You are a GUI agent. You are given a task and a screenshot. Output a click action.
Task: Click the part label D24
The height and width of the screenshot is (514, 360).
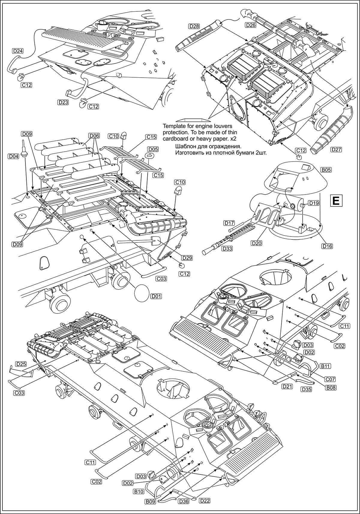pyautogui.click(x=18, y=51)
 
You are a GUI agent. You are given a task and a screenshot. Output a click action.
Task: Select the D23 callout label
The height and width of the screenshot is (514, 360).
pyautogui.click(x=63, y=102)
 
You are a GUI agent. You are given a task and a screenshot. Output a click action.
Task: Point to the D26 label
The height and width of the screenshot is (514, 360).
pyautogui.click(x=250, y=25)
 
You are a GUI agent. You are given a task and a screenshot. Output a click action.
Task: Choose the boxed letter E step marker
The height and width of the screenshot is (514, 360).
pyautogui.click(x=336, y=201)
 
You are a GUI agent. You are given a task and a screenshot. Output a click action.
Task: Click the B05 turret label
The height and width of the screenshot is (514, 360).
pyautogui.click(x=326, y=170)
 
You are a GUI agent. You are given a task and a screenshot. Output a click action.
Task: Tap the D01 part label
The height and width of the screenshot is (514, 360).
pyautogui.click(x=156, y=296)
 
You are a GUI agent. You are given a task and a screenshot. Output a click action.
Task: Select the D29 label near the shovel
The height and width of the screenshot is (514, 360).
pyautogui.click(x=187, y=258)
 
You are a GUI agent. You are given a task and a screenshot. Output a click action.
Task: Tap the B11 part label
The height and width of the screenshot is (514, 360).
pyautogui.click(x=326, y=366)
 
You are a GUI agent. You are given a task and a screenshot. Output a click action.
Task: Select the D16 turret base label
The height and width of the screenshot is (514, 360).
pyautogui.click(x=328, y=246)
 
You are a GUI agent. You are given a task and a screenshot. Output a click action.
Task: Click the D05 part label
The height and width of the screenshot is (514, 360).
pyautogui.click(x=153, y=149)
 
